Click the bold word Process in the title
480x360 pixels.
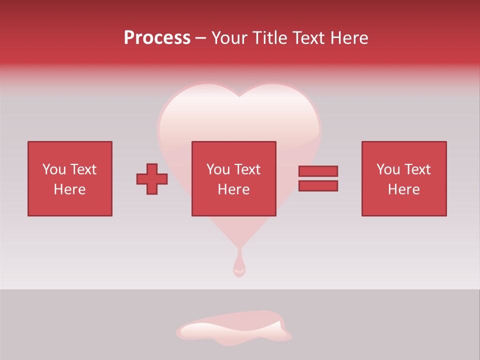[157, 38]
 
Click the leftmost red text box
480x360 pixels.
[69, 178]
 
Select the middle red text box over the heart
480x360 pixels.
[233, 178]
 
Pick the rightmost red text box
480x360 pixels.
[403, 178]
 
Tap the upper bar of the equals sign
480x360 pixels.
[318, 171]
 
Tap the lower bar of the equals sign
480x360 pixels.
[318, 186]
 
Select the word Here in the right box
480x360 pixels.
[403, 189]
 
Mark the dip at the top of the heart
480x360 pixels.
[239, 95]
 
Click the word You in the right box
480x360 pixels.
[388, 169]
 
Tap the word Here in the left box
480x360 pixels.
[69, 189]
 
